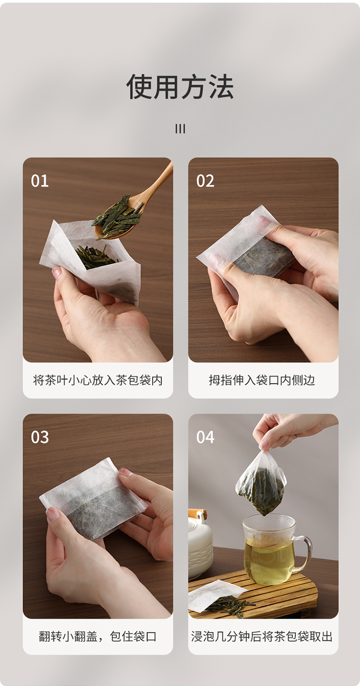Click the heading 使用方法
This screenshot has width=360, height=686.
[180, 87]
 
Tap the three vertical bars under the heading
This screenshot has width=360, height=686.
[180, 129]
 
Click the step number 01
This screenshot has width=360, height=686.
[40, 181]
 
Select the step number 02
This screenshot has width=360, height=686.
[205, 181]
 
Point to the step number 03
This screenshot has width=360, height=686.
[40, 437]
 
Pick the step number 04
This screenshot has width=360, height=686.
[205, 437]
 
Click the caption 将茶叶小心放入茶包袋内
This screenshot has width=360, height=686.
[97, 380]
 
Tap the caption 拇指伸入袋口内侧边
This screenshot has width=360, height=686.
[262, 380]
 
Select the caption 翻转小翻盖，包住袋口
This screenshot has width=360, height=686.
[97, 637]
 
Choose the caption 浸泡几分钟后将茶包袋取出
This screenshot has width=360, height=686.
[262, 637]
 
